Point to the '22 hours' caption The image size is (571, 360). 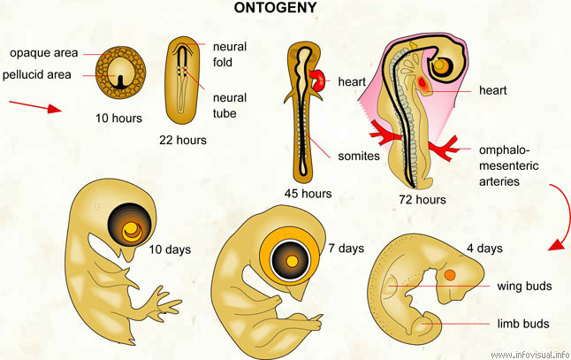click(x=183, y=140)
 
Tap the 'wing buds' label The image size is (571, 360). click(x=522, y=286)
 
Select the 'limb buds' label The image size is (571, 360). click(x=523, y=324)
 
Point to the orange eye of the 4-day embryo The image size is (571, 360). click(x=450, y=276)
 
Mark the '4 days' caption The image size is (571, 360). click(x=484, y=248)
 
